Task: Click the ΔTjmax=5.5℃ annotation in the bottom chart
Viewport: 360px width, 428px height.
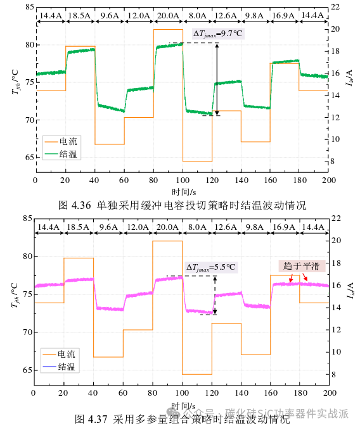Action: point(210,267)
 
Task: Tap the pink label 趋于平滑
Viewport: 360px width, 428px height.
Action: point(300,265)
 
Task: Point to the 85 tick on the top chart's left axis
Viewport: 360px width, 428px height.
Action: point(27,7)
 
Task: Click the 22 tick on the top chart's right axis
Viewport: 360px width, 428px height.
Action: point(336,7)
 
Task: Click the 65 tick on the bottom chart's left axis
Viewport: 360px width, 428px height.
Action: point(27,370)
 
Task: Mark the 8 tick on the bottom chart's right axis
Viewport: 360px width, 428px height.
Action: point(335,374)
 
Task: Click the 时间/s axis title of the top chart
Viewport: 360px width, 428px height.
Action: point(183,191)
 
